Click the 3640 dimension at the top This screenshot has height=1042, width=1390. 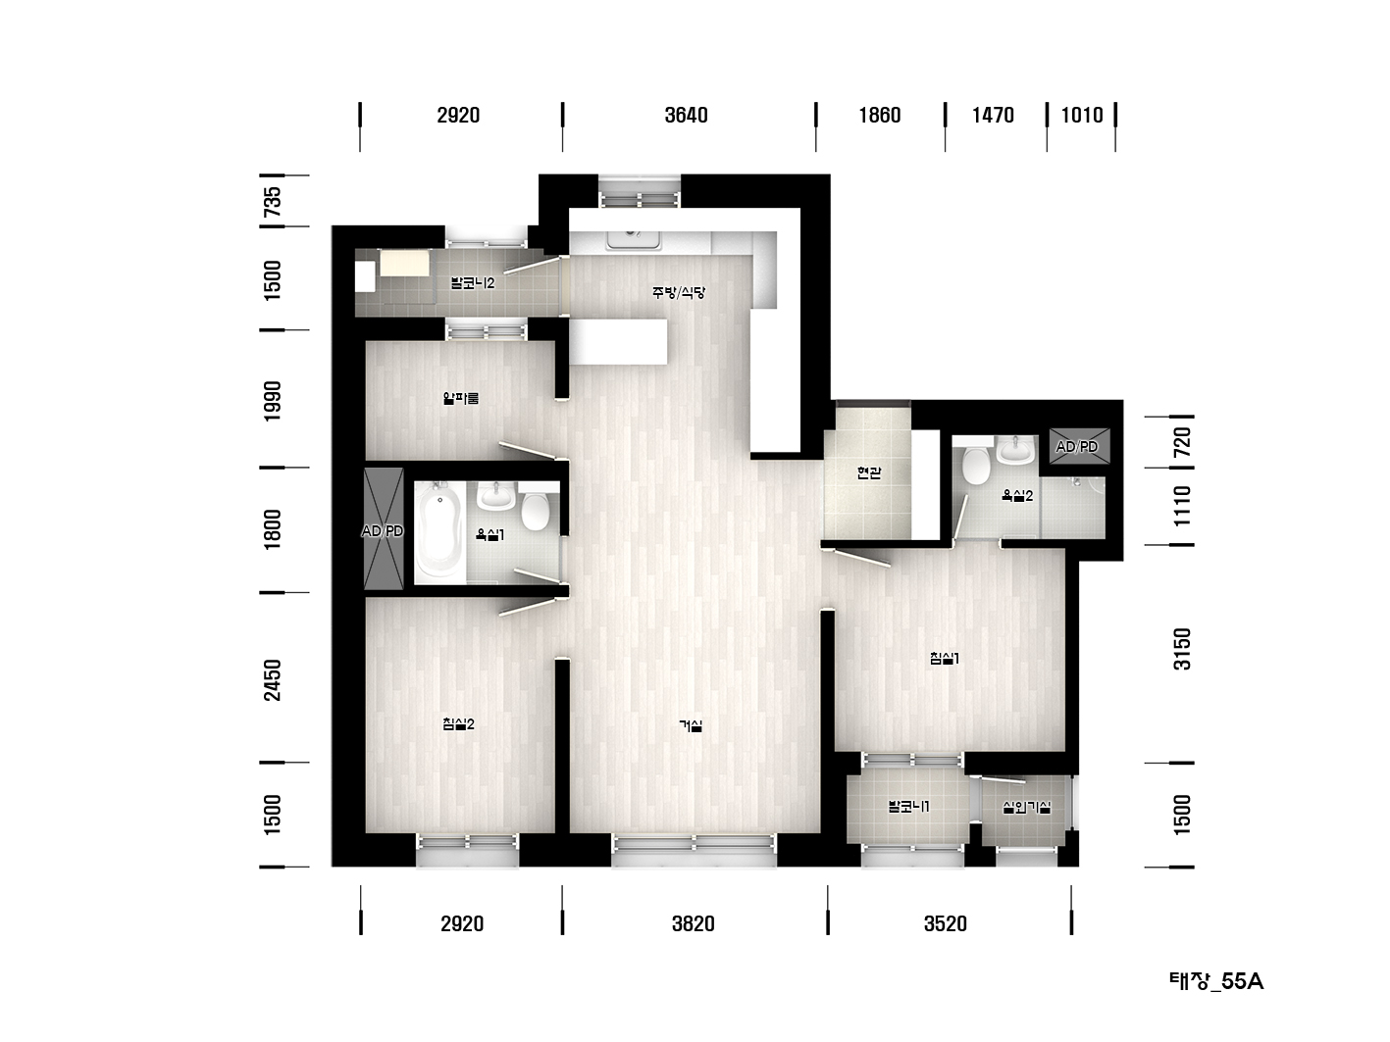click(686, 115)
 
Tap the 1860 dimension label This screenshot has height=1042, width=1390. click(879, 115)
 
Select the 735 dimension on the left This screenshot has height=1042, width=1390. click(273, 201)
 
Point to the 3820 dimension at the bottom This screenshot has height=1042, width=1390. click(693, 923)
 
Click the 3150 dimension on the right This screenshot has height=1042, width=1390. click(1182, 649)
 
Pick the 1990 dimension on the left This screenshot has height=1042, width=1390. click(273, 401)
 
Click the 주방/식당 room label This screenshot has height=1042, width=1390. click(679, 292)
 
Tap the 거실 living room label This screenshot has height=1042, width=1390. click(691, 725)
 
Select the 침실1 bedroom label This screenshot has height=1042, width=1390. click(945, 658)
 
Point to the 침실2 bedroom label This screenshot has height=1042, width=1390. click(458, 723)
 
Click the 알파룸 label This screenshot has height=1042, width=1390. click(460, 398)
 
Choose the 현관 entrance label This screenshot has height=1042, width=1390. click(868, 471)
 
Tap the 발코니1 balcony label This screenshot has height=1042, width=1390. click(908, 806)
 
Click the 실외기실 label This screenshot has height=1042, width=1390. click(1026, 808)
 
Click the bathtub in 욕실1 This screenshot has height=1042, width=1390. click(440, 532)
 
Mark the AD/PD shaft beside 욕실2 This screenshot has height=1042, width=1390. click(1079, 446)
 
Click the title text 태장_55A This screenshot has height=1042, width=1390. click(1215, 981)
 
